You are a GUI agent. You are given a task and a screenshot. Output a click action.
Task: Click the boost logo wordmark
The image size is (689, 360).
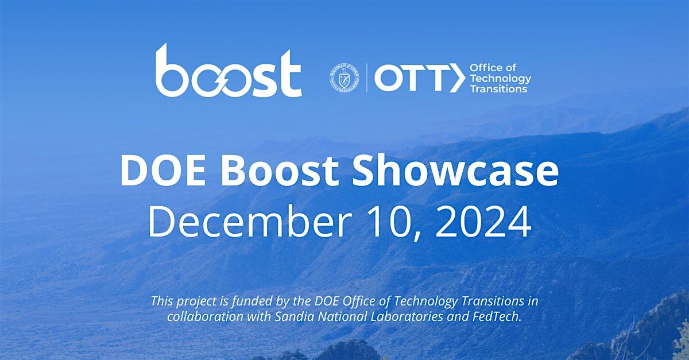click(x=229, y=71)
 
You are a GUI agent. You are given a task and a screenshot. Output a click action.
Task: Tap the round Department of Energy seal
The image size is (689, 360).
click(x=344, y=78)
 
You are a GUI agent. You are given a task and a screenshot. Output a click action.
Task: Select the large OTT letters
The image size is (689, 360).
click(x=411, y=78)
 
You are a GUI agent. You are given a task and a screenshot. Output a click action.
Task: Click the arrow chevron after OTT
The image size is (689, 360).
click(x=457, y=78)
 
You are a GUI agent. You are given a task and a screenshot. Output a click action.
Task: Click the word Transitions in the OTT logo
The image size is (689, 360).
click(x=498, y=89)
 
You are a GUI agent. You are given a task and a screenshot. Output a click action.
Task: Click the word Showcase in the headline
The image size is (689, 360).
click(x=455, y=172)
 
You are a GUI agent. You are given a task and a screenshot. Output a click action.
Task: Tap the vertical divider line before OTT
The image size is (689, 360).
click(x=367, y=78)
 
